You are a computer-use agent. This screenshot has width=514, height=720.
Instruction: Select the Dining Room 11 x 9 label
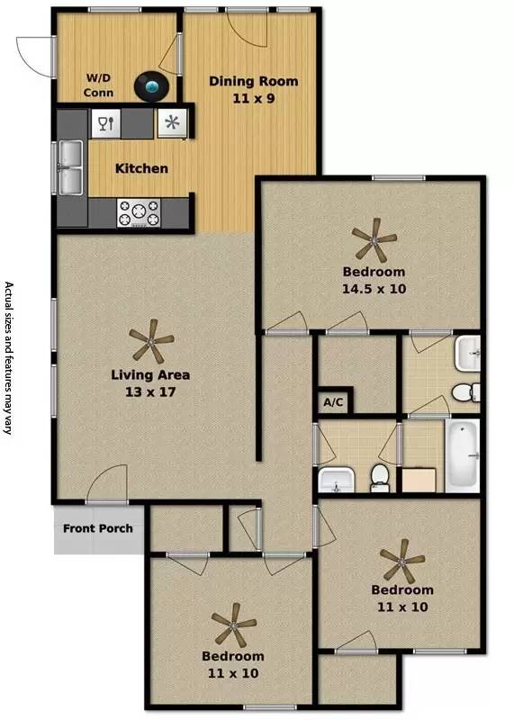click(253, 89)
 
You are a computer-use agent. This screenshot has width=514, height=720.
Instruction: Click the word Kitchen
click(141, 168)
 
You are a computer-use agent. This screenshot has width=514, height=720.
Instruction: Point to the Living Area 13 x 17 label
click(150, 383)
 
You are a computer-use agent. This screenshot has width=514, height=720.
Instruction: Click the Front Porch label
click(98, 528)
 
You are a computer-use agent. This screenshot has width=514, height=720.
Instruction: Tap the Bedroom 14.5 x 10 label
click(373, 280)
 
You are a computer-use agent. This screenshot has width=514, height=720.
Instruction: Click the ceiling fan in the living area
click(151, 342)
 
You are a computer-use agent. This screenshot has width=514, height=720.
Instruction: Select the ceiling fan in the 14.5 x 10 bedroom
click(374, 239)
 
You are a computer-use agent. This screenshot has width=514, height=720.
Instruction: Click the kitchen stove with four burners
click(139, 214)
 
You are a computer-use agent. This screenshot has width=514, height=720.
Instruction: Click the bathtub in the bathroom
click(464, 456)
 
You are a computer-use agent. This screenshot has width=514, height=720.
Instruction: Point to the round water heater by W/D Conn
click(153, 87)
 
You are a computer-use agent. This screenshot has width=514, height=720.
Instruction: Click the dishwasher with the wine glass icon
click(104, 123)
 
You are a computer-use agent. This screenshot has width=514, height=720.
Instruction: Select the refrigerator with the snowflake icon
click(171, 123)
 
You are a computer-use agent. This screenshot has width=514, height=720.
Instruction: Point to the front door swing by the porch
click(106, 486)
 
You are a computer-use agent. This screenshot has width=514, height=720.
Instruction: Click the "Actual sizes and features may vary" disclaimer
click(11, 359)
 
